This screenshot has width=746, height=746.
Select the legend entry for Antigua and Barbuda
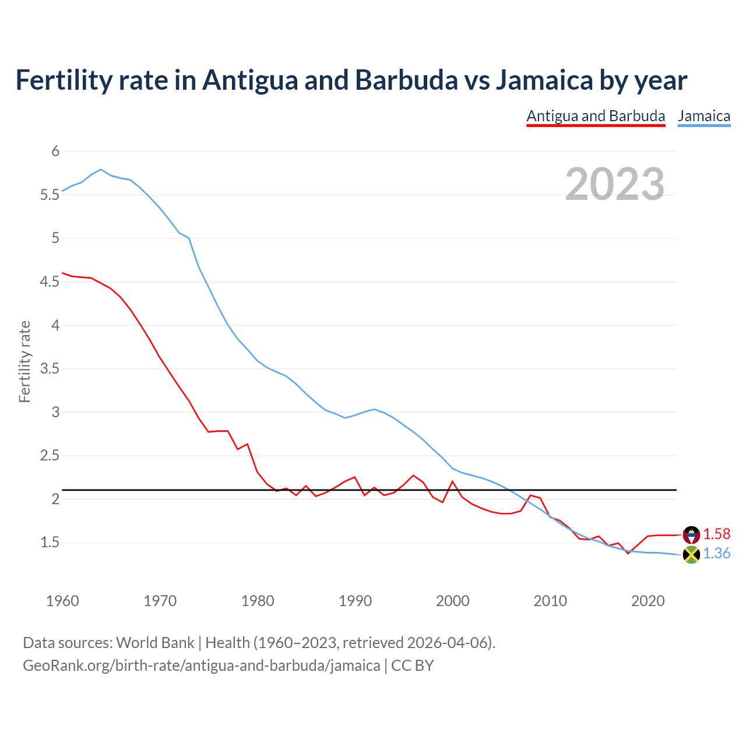(x=596, y=116)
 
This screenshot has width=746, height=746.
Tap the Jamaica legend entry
(x=704, y=116)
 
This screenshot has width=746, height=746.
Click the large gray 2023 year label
(x=615, y=184)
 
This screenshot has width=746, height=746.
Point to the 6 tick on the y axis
(x=56, y=152)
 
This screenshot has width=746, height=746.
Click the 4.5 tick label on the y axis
(x=50, y=282)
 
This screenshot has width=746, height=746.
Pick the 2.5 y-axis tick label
(x=50, y=456)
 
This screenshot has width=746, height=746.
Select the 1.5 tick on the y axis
(x=50, y=543)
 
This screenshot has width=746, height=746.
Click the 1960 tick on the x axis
(x=62, y=601)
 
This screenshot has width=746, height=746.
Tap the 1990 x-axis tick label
(x=355, y=601)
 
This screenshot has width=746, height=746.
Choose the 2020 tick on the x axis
(x=648, y=601)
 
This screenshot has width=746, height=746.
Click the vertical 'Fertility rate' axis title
(x=24, y=361)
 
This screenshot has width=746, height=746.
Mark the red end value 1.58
(x=716, y=534)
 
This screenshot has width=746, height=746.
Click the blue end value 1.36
(x=716, y=554)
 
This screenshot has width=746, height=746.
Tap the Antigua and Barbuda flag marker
(x=691, y=534)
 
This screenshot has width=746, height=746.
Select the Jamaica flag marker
(x=691, y=555)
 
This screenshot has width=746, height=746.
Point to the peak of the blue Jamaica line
(x=101, y=169)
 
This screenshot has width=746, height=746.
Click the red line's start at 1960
(x=63, y=273)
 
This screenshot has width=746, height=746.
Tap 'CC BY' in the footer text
(x=412, y=666)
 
